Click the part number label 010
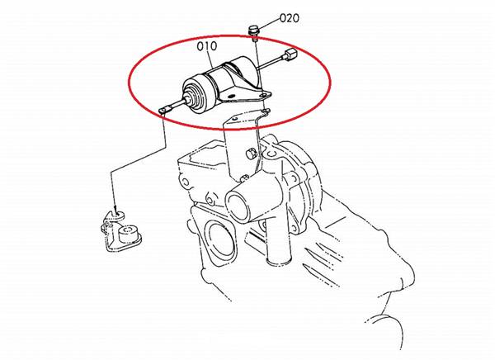(x=207, y=46)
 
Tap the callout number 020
(x=290, y=18)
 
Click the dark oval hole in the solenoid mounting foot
(x=233, y=96)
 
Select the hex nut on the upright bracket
(x=250, y=154)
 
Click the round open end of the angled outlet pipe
(x=238, y=206)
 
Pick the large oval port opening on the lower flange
(x=221, y=241)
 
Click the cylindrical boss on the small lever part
(x=128, y=234)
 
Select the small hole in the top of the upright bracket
(x=235, y=118)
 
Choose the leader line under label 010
(x=213, y=60)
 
